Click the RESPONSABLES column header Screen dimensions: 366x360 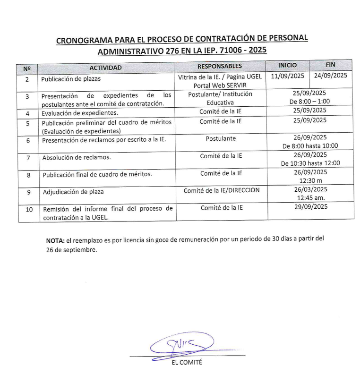click(219, 66)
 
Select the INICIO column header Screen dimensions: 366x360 click(287, 65)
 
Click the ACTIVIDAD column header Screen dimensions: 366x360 click(105, 68)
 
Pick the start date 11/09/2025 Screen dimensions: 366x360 click(288, 76)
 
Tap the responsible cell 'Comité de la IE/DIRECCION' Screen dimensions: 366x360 click(221, 190)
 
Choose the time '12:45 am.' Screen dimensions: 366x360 click(310, 198)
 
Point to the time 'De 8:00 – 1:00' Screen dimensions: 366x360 click(310, 101)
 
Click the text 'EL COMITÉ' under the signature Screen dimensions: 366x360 click(188, 362)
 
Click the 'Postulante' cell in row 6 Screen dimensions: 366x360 click(221, 139)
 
